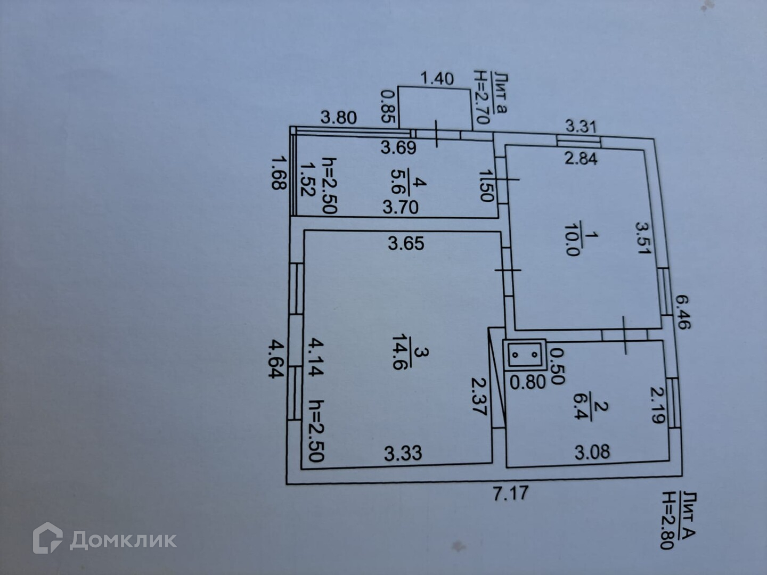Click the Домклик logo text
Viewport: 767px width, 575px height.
pyautogui.click(x=123, y=540)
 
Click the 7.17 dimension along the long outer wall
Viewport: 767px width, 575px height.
pyautogui.click(x=511, y=494)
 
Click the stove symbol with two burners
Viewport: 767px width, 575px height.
pyautogui.click(x=525, y=355)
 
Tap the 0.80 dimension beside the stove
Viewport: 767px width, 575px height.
pyautogui.click(x=527, y=381)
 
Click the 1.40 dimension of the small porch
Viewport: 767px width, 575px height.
pyautogui.click(x=437, y=79)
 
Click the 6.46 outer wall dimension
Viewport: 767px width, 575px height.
pyautogui.click(x=682, y=311)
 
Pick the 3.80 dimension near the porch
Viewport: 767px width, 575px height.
pyautogui.click(x=338, y=117)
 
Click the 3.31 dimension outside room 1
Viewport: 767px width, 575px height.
pyautogui.click(x=580, y=127)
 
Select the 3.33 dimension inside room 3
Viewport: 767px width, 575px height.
pyautogui.click(x=403, y=454)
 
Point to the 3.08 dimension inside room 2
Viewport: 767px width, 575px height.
pyautogui.click(x=592, y=453)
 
